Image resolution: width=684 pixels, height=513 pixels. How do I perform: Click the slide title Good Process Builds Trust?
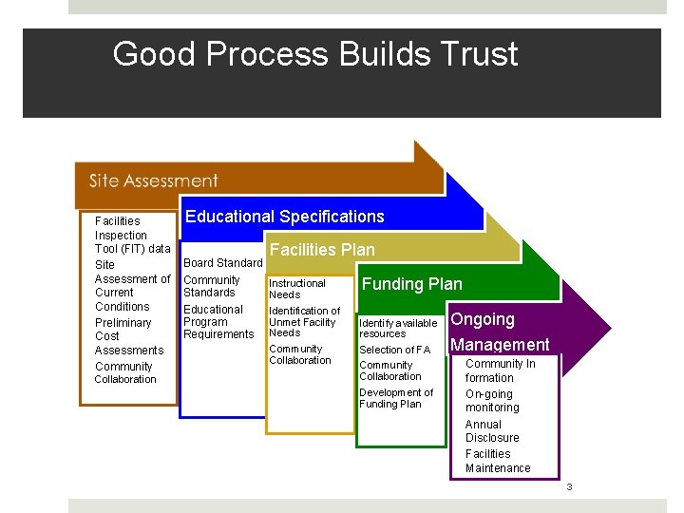tap(315, 54)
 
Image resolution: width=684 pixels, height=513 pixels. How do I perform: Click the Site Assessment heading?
tap(153, 180)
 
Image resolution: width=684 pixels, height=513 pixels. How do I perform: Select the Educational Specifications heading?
tap(285, 217)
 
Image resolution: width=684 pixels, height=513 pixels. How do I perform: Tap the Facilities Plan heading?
tap(323, 250)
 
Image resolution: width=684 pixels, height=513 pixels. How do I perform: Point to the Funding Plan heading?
tap(412, 284)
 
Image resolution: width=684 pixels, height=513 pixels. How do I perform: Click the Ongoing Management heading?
tap(500, 332)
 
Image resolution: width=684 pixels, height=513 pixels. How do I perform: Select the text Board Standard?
tap(222, 263)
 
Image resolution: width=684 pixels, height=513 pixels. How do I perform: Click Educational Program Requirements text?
tap(218, 322)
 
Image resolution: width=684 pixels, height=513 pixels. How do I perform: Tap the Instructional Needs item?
tap(297, 289)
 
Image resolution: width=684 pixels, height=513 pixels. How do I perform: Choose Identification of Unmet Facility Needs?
tap(304, 321)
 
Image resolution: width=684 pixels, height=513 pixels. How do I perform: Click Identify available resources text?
tap(398, 328)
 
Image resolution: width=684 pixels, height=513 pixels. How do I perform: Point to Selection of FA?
tap(395, 350)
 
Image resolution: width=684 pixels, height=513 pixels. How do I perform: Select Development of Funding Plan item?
tap(396, 398)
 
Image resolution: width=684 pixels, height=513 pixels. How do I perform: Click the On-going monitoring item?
tap(492, 401)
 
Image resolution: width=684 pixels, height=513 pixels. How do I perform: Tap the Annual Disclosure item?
tap(492, 431)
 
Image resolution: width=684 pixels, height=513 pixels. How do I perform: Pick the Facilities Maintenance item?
tap(498, 461)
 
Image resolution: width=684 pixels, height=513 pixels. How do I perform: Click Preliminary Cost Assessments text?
tap(128, 336)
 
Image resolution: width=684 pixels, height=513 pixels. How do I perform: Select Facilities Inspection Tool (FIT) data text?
tap(132, 235)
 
